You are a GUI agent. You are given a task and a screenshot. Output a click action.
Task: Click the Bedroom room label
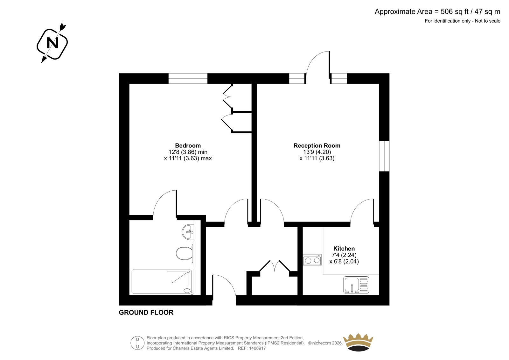point(188,145)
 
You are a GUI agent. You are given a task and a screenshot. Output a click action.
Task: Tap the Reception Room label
point(317,145)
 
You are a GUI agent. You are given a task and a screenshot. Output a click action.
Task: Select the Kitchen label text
point(344,249)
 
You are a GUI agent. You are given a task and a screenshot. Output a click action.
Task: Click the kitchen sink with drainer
point(356,285)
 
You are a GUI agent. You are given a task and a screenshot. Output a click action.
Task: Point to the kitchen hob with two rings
point(312,260)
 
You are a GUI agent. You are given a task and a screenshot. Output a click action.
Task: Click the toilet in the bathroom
point(185,253)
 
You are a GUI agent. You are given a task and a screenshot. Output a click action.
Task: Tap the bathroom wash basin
point(188,232)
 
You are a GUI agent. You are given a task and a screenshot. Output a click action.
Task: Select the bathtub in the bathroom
point(162,282)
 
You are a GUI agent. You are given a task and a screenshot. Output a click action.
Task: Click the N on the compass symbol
point(52,43)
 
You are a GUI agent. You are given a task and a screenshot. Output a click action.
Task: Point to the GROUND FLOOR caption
point(146,313)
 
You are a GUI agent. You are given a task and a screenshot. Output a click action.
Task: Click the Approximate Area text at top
point(437,11)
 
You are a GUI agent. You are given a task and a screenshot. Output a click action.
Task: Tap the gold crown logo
point(358,342)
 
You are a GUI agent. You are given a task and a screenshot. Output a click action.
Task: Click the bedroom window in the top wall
point(188,78)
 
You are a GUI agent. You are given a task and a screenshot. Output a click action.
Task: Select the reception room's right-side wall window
point(384,156)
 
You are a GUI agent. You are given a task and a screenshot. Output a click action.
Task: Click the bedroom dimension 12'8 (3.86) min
point(188,152)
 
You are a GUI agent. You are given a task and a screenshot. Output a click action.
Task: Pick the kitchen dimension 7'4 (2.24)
point(344,255)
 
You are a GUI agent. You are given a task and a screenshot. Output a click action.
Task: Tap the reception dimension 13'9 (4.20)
point(317,152)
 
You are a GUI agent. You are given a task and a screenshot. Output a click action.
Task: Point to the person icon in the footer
point(137,343)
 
